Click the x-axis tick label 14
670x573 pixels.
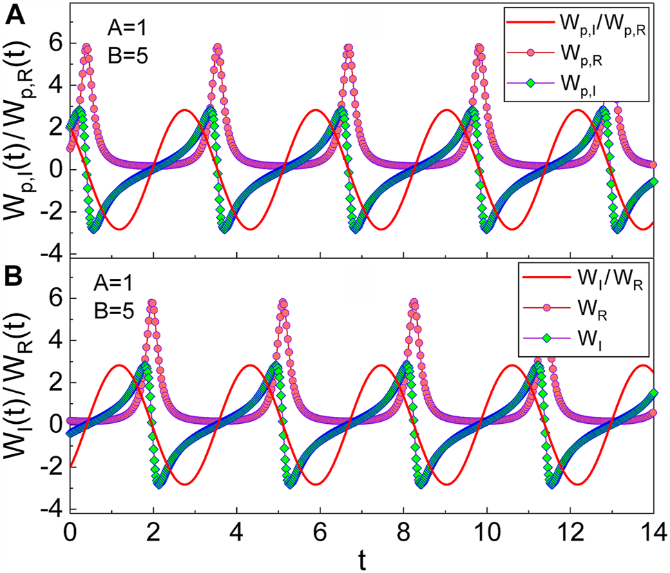[653, 532]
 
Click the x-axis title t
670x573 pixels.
[362, 560]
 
